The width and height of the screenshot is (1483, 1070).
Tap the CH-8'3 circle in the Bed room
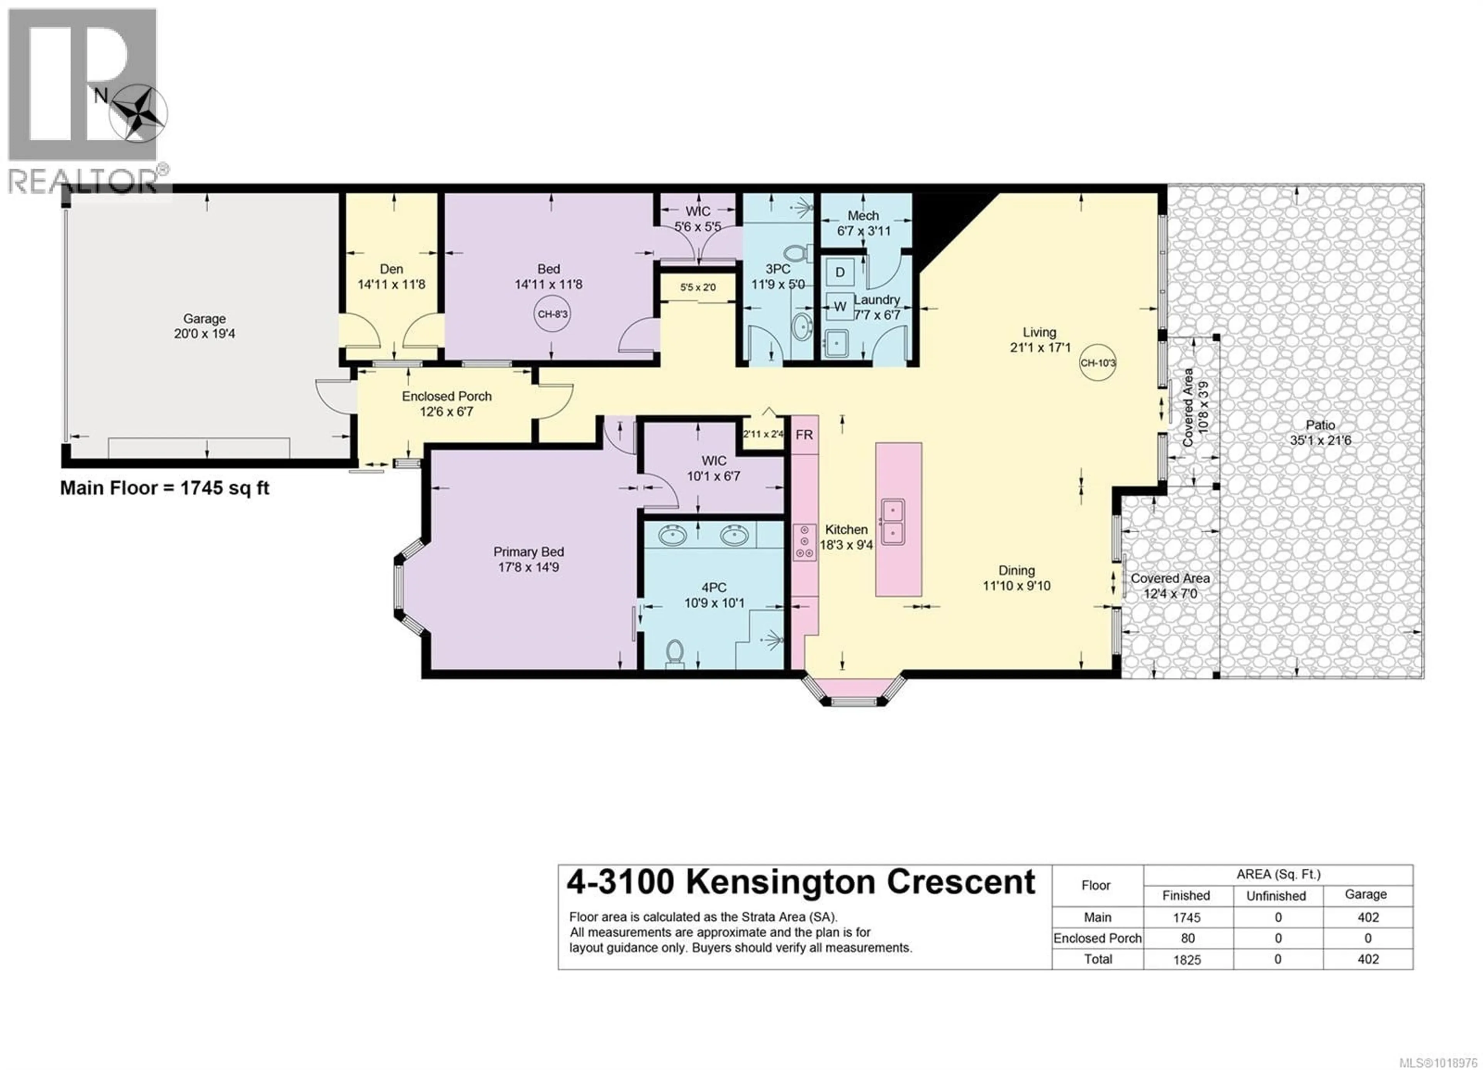coord(553,314)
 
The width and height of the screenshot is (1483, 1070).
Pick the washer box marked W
coord(840,306)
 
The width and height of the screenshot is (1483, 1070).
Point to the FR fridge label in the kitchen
coord(804,435)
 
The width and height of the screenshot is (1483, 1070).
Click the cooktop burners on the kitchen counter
coord(804,542)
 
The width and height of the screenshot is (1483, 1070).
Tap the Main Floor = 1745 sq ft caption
coord(165,488)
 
